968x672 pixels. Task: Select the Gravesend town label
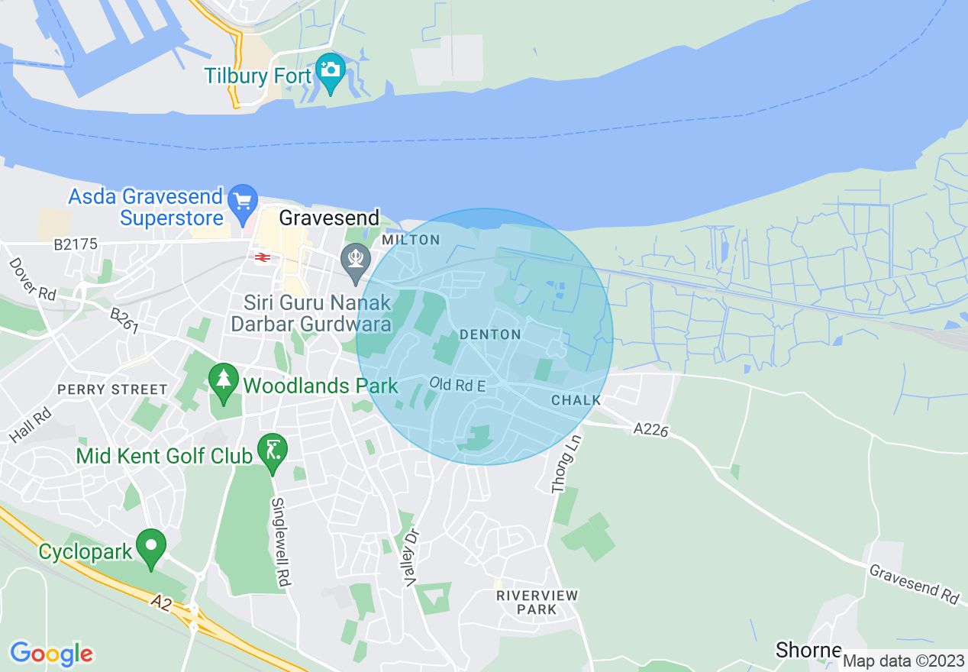[329, 218]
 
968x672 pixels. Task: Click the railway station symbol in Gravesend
[261, 257]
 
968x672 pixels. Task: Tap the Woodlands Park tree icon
[223, 381]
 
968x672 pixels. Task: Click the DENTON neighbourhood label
[490, 334]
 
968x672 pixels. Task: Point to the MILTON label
[411, 240]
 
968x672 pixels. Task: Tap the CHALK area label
[576, 400]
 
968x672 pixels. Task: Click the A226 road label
[650, 431]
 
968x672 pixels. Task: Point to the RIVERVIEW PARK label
[537, 602]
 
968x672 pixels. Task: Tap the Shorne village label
[808, 650]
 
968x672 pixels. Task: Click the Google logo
[51, 654]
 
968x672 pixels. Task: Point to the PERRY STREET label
[112, 389]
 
